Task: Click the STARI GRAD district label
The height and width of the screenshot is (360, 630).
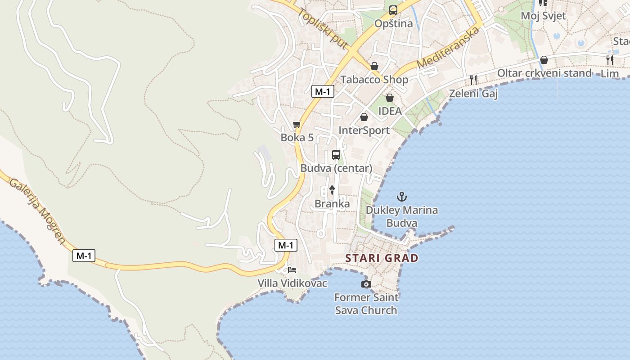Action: click(x=382, y=258)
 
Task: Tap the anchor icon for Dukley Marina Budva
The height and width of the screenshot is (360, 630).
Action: click(x=401, y=197)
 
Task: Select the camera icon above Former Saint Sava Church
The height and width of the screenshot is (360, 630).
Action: click(x=366, y=284)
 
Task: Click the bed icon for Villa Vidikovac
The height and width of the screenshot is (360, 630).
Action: click(x=292, y=270)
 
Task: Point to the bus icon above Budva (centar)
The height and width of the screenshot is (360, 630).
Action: click(x=336, y=155)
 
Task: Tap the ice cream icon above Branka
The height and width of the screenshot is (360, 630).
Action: click(x=332, y=190)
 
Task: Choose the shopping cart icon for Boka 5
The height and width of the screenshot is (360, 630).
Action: click(x=297, y=125)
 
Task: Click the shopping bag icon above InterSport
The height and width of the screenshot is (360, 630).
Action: click(x=364, y=117)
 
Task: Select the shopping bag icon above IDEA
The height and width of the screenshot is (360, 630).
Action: click(x=390, y=98)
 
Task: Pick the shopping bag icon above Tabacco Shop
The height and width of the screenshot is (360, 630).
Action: click(x=374, y=67)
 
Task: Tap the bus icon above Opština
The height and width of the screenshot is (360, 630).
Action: click(x=393, y=10)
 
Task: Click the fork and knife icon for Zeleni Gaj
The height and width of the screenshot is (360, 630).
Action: click(x=473, y=80)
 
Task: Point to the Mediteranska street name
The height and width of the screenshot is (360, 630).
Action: click(x=447, y=48)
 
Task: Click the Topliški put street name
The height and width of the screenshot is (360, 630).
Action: click(x=323, y=29)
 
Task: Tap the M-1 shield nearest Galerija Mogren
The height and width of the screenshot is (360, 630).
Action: click(x=84, y=256)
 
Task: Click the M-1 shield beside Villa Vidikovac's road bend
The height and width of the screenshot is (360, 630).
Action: click(x=286, y=245)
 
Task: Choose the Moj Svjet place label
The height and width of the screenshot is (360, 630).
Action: click(x=543, y=16)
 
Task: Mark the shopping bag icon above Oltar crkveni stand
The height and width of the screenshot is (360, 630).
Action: click(x=544, y=60)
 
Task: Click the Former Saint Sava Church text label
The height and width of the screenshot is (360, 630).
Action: click(x=366, y=304)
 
